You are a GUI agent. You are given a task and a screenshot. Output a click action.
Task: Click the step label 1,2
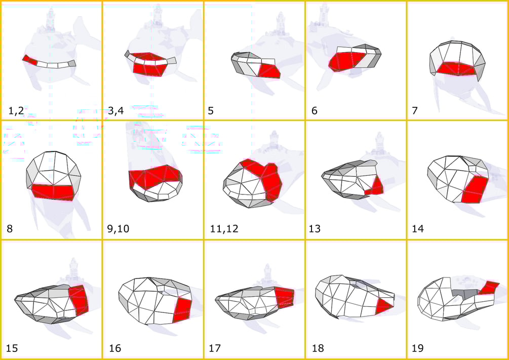pos(16,111)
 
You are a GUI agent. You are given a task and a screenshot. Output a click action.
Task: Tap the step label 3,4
pos(116,111)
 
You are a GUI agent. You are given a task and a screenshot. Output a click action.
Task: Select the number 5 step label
pos(211,111)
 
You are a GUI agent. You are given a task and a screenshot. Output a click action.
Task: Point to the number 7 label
pos(414,111)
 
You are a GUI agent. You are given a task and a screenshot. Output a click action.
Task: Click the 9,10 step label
pos(118,229)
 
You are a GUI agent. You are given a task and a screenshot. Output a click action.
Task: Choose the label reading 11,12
pos(224,229)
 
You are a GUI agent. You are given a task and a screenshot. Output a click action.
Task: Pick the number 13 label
pos(315,229)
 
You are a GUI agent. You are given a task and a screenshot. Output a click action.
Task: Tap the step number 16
pos(115,348)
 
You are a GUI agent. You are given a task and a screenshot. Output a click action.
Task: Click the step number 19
pos(418,348)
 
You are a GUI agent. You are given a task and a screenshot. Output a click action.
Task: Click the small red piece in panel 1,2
pos(30,60)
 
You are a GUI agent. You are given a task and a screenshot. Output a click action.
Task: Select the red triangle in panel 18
pos(384,307)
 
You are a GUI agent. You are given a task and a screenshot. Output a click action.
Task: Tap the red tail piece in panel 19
pos(489,288)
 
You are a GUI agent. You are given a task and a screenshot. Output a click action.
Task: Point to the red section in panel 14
pos(475,190)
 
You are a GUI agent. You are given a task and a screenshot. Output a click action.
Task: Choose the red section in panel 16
pos(182,310)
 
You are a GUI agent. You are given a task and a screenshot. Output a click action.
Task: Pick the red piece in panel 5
pos(269,71)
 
